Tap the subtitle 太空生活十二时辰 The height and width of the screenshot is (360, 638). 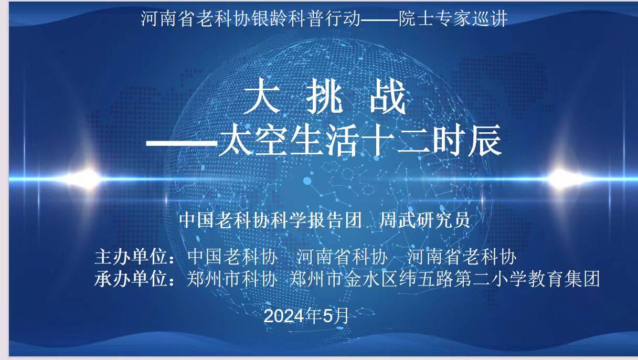click(x=359, y=140)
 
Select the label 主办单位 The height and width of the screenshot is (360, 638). click(x=134, y=257)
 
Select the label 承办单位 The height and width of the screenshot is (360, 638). click(x=134, y=279)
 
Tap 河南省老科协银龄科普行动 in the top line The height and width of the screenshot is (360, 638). click(x=251, y=19)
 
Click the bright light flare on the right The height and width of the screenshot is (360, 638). click(x=562, y=178)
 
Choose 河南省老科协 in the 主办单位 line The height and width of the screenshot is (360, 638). click(x=462, y=257)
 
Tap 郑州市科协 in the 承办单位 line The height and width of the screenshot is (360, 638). click(x=231, y=279)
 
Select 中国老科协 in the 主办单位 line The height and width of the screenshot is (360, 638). click(x=231, y=257)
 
